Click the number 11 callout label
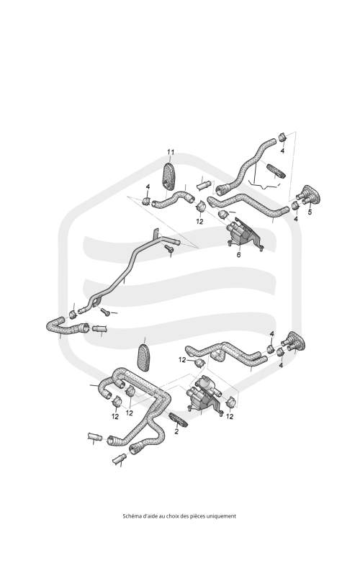[x=171, y=152]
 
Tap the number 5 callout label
[x=310, y=212]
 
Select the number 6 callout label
[x=238, y=255]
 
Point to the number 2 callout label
[x=176, y=431]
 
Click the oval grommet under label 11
[x=168, y=176]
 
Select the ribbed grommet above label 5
[x=310, y=196]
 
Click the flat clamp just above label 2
[x=179, y=420]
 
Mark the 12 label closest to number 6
[x=199, y=222]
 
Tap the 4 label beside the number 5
[x=296, y=219]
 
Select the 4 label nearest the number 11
[x=148, y=187]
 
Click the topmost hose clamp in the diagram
[x=282, y=137]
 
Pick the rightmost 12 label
[x=230, y=417]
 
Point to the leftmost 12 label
[x=115, y=417]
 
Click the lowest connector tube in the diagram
[x=120, y=459]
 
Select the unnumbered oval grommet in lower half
[x=143, y=358]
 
